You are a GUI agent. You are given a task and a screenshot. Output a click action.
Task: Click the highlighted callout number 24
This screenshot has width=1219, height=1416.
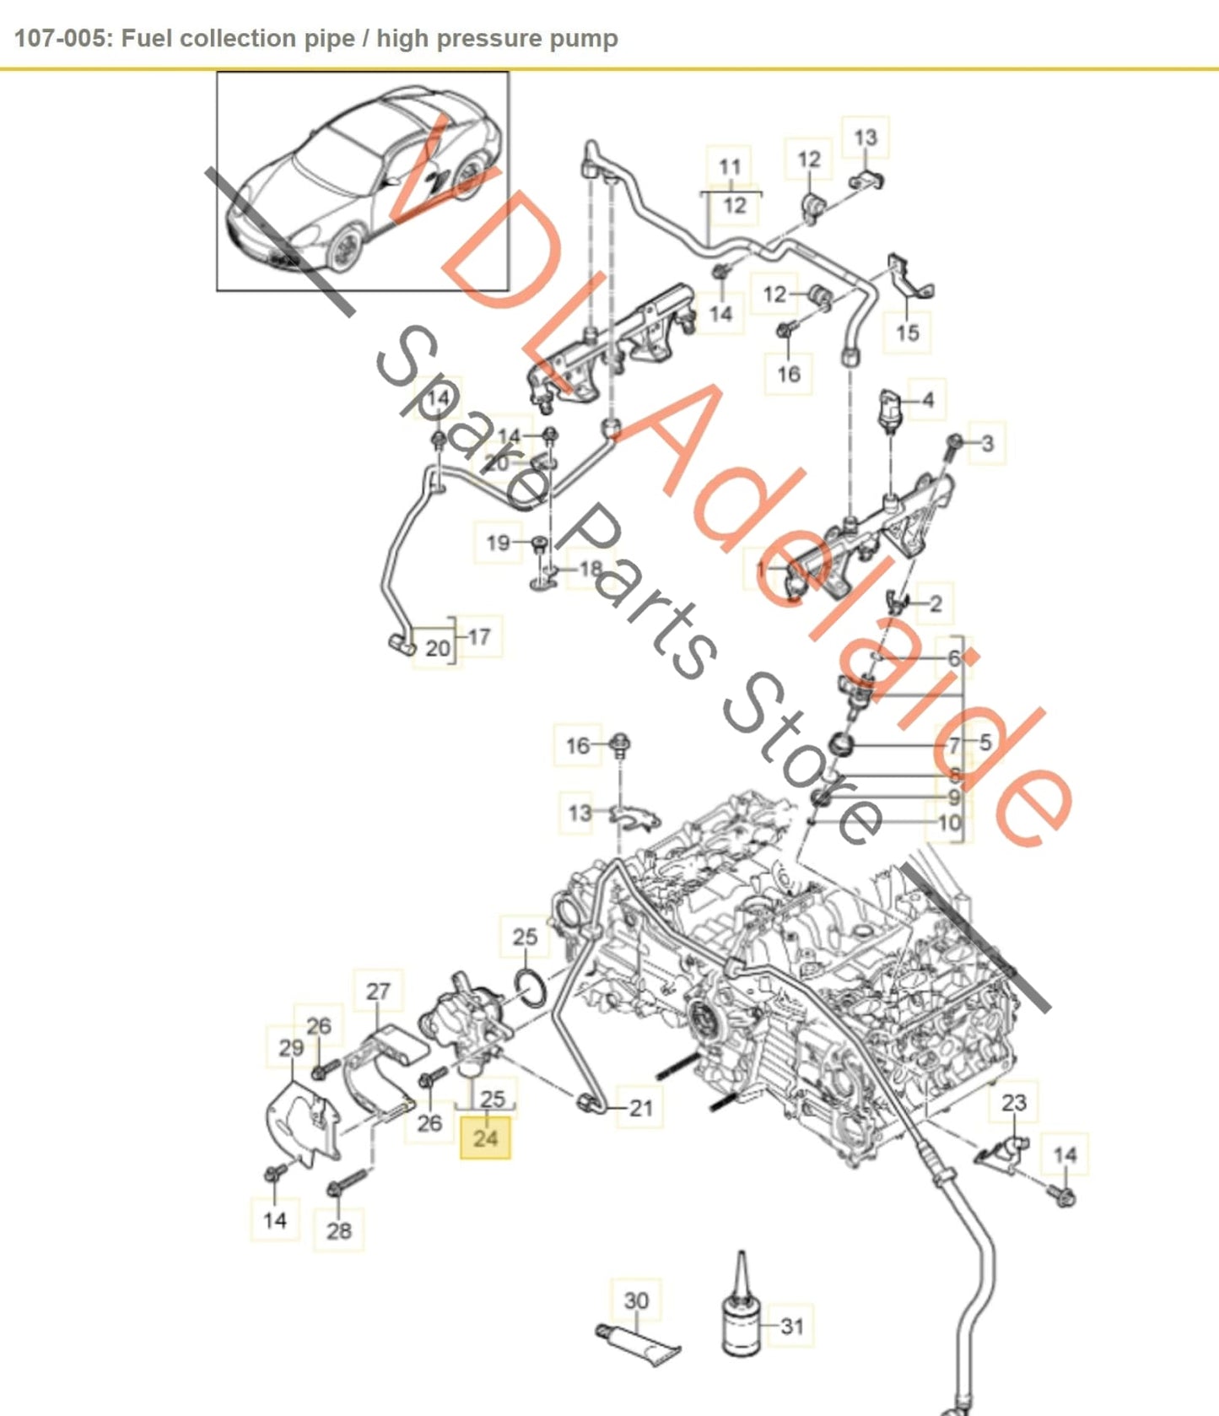point(485,1138)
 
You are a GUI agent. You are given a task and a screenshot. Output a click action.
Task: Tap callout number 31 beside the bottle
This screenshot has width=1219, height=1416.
point(791,1326)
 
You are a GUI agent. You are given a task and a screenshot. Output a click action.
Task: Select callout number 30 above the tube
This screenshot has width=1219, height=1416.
point(636,1300)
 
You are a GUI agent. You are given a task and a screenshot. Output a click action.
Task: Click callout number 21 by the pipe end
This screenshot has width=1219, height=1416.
point(641,1107)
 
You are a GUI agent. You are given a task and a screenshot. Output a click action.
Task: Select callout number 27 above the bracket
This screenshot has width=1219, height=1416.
point(378,991)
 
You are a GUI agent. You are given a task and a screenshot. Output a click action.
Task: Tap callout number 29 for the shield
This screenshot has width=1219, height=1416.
point(291,1048)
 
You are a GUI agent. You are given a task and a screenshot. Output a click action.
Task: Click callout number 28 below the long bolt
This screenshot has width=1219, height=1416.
point(338,1230)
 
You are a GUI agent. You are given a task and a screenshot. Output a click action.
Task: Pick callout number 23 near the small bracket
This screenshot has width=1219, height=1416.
point(1013,1102)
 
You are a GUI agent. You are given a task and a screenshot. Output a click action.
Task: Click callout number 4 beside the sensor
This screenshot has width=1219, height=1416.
point(928,399)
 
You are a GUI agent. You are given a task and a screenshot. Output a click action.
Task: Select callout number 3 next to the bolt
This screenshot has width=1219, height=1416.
point(987,443)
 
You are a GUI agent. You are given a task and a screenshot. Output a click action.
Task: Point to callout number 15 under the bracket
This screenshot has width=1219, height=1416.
point(907,332)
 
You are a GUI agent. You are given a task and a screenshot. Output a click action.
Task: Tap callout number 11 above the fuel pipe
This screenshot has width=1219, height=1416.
point(730,167)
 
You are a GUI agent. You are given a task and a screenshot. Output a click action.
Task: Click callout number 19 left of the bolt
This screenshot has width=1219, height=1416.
point(498,542)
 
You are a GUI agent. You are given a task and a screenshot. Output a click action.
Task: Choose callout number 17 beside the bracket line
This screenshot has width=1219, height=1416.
point(479,636)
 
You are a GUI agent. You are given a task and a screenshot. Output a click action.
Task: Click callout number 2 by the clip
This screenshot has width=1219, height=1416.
point(935,603)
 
